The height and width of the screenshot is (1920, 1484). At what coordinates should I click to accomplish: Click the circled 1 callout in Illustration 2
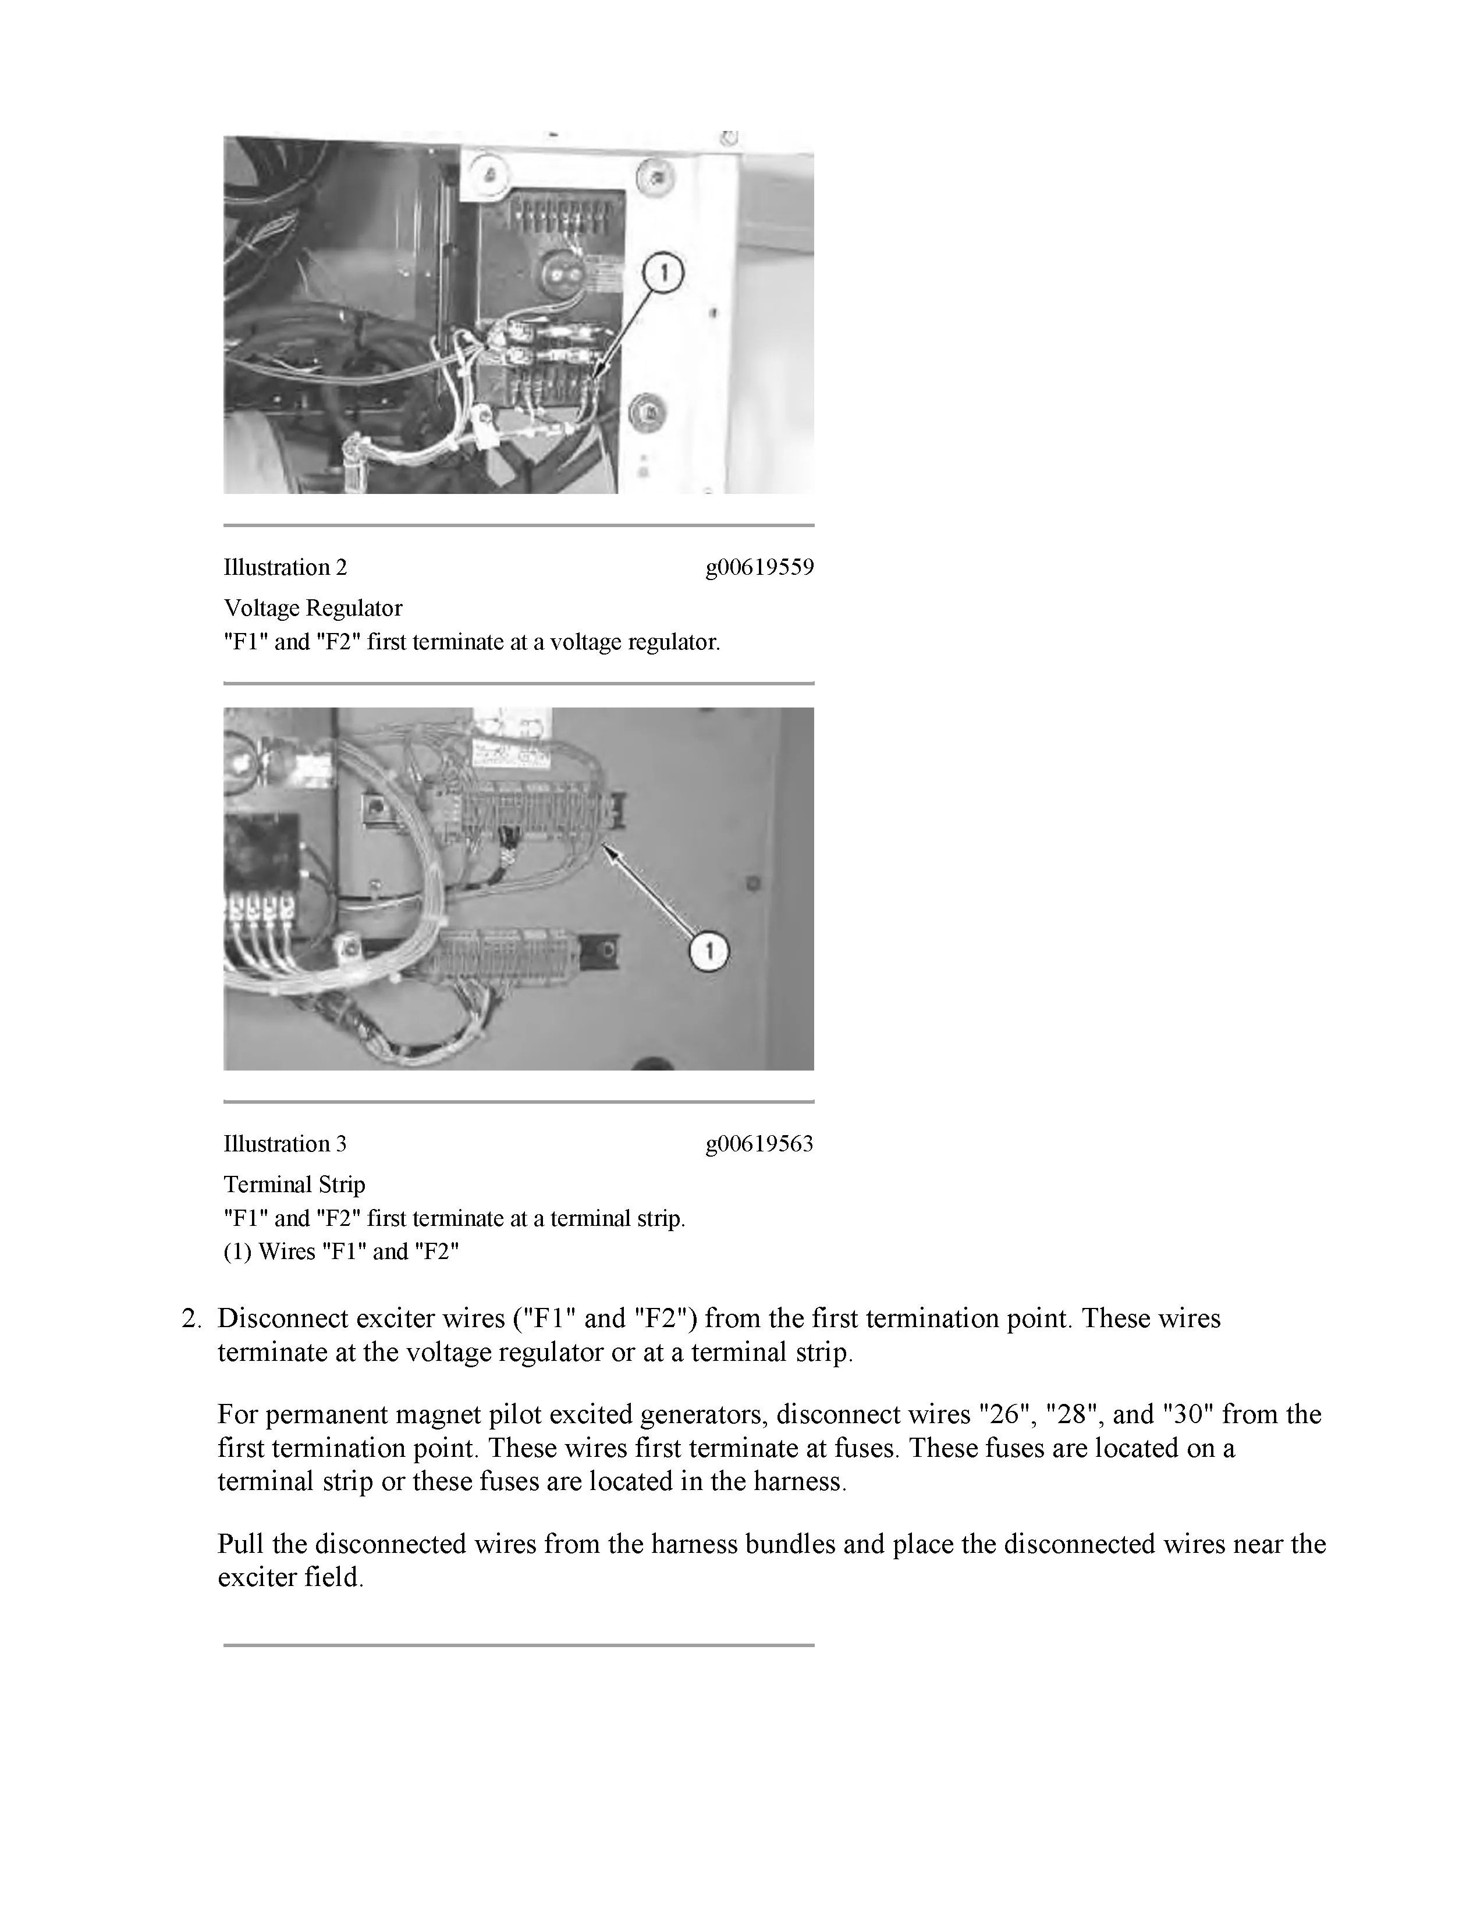click(x=664, y=273)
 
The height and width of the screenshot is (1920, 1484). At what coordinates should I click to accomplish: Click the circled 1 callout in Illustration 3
click(x=709, y=951)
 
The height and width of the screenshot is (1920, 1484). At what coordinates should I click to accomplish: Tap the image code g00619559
click(x=759, y=567)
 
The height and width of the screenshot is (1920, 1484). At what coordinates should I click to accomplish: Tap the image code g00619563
click(x=759, y=1144)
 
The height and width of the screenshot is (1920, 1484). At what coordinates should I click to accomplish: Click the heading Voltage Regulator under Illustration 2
click(x=313, y=607)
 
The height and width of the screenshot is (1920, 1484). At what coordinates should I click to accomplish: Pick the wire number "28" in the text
click(x=1069, y=1414)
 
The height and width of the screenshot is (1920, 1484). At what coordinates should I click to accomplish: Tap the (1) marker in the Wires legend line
click(x=237, y=1251)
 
